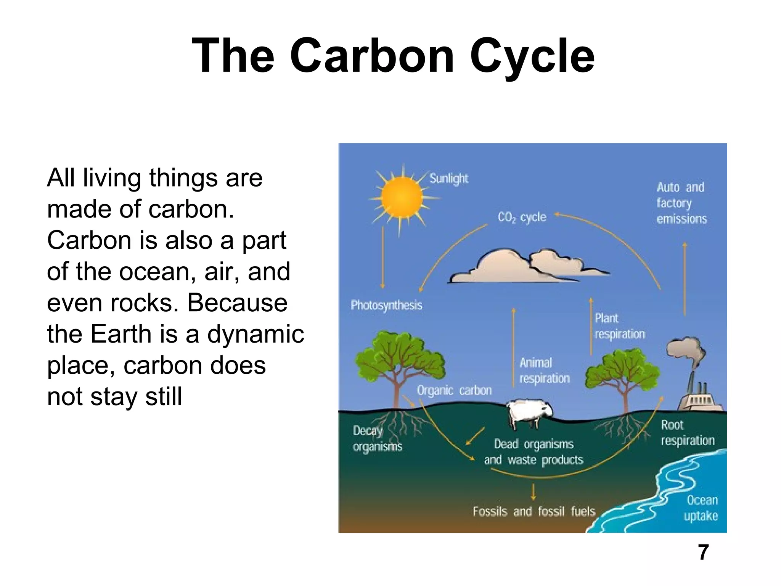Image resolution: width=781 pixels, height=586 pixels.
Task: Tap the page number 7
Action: [x=703, y=552]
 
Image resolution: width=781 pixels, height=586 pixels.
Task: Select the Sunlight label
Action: [x=448, y=179]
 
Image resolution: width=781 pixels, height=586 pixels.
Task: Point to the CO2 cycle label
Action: [x=521, y=217]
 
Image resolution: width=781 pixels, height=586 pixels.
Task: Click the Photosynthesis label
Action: [x=386, y=305]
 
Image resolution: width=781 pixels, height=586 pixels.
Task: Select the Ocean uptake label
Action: [x=701, y=508]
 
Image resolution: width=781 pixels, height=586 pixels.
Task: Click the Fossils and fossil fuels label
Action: [x=534, y=511]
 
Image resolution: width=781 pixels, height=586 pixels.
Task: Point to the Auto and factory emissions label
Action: [x=681, y=203]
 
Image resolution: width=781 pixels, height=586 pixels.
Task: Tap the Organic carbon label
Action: [x=454, y=390]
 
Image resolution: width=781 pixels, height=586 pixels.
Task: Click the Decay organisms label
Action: [x=377, y=439]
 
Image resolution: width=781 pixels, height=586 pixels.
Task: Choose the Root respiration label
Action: [x=687, y=433]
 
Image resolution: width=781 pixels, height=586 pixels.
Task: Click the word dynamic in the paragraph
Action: [x=255, y=334]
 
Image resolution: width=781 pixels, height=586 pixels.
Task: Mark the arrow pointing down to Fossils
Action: [x=533, y=492]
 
